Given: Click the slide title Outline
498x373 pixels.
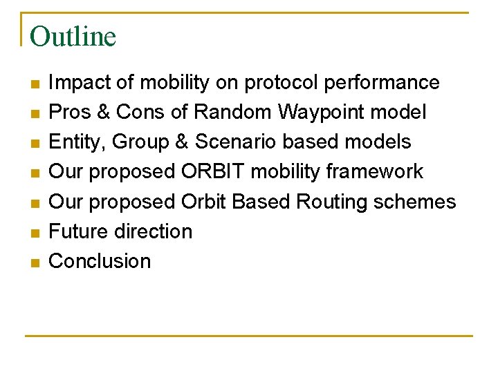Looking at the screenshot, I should click(73, 37).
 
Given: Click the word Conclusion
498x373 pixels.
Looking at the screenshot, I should click(100, 261).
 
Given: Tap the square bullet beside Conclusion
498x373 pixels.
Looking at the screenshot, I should click(35, 262).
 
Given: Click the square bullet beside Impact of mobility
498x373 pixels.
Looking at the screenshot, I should click(35, 84).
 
